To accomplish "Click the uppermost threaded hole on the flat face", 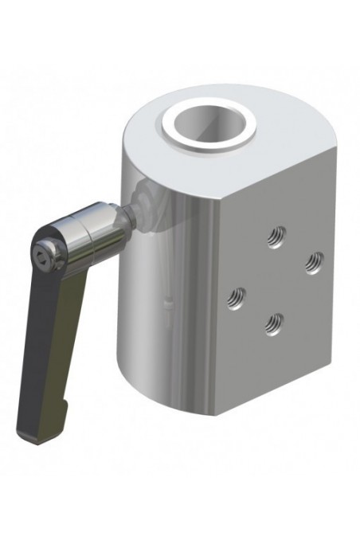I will (276, 235).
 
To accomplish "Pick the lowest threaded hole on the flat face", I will (274, 323).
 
